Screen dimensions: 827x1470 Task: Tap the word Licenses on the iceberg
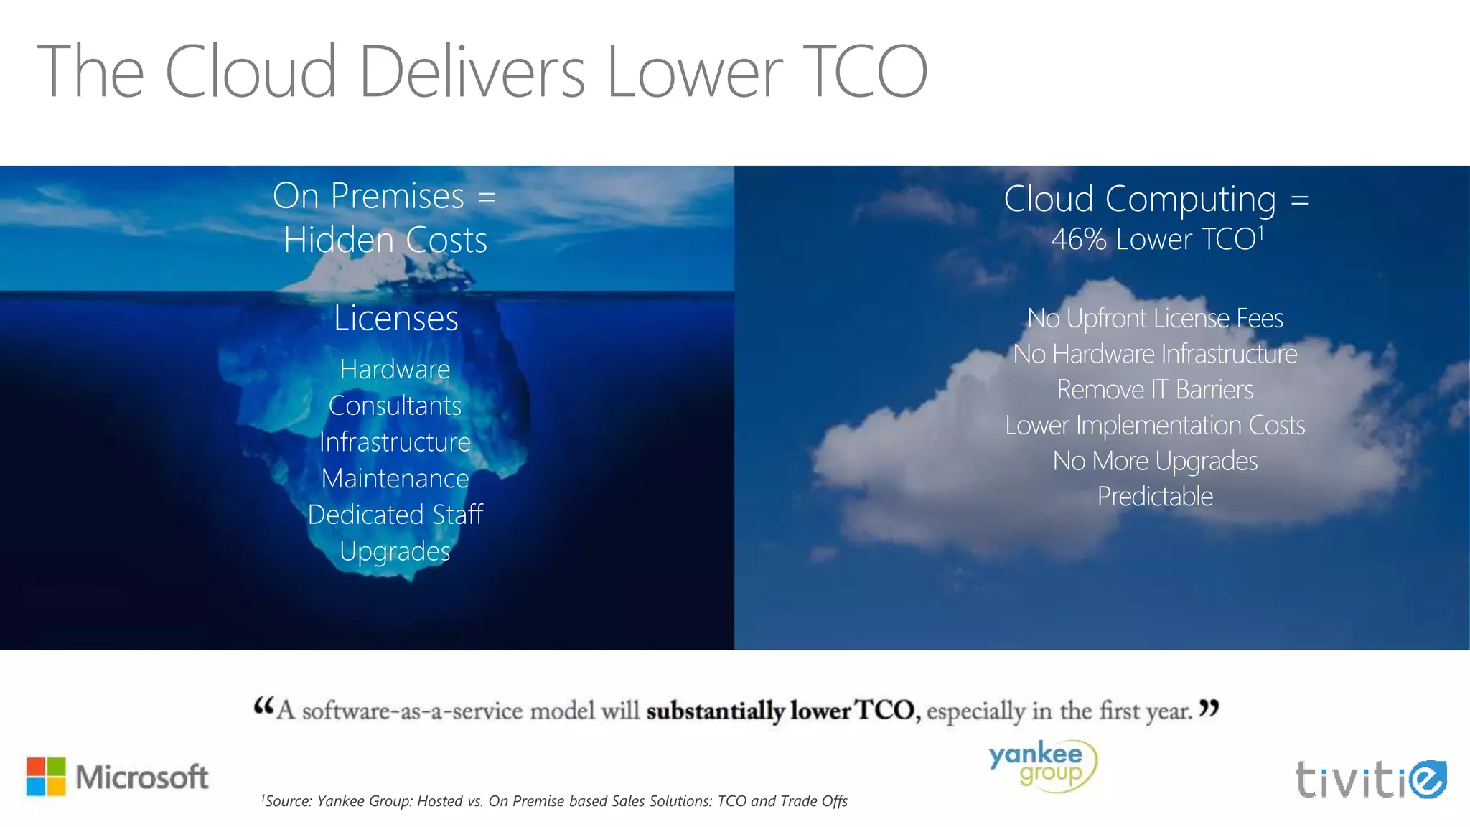tap(395, 318)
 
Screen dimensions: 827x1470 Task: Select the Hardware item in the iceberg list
tap(395, 369)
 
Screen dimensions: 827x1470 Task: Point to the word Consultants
tap(395, 406)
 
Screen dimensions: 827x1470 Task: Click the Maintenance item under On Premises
tap(395, 478)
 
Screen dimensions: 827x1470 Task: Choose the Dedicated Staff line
tap(395, 515)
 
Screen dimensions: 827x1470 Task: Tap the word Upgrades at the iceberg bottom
tap(395, 551)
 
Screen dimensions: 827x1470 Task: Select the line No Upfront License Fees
tap(1155, 318)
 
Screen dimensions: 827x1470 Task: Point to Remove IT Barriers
tap(1155, 390)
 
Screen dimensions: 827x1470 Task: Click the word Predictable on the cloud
tap(1155, 497)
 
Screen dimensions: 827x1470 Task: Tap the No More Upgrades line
tap(1155, 461)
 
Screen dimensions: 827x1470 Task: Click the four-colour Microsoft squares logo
tap(46, 776)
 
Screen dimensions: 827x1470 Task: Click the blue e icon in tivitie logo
tap(1427, 779)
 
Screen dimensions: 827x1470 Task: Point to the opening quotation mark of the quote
tap(263, 707)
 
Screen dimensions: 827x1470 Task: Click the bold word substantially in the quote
tap(715, 711)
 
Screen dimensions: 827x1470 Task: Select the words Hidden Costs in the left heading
tap(385, 240)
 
